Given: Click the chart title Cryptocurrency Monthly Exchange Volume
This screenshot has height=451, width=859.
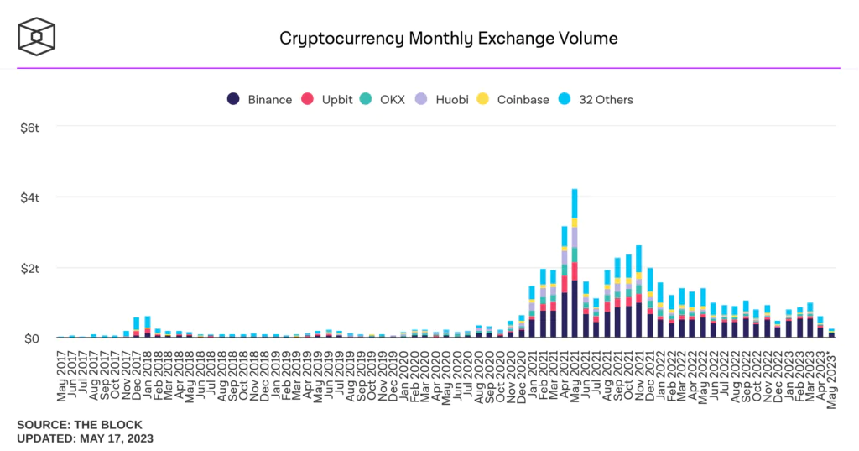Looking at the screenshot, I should tap(448, 38).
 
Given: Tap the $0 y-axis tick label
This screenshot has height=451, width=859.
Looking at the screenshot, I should tap(33, 338).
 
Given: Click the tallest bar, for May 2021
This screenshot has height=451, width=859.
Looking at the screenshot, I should tap(575, 269).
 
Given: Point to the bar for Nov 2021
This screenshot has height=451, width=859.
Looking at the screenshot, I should tap(639, 294).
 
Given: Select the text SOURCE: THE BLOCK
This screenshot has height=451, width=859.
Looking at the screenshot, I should tap(80, 425).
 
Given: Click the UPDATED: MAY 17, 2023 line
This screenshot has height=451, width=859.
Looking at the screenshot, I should tap(85, 438).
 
